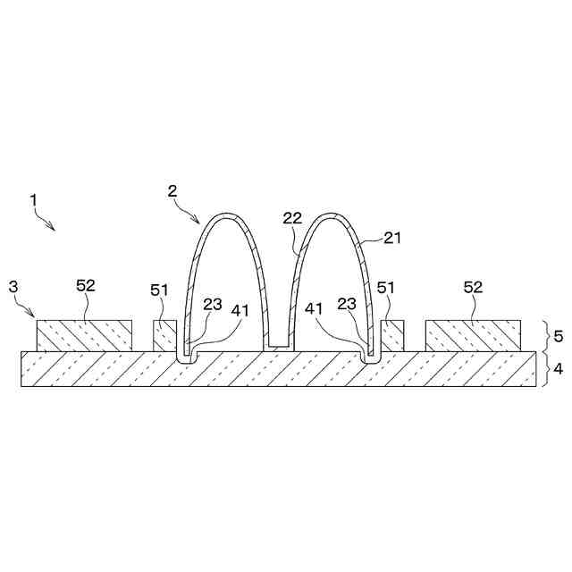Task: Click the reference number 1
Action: pos(33,200)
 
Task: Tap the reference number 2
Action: pos(172,189)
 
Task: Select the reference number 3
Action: pos(13,286)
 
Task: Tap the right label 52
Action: pos(475,286)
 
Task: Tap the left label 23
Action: pos(213,304)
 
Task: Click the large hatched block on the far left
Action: pos(84,335)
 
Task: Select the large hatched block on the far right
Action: pos(474,335)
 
